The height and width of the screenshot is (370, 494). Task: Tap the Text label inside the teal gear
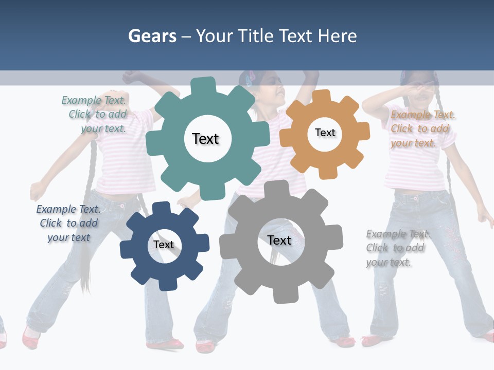pos(205,139)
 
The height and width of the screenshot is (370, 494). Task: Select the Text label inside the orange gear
pos(325,133)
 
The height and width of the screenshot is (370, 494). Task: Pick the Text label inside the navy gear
pos(164,245)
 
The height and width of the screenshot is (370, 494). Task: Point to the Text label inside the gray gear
pos(279,240)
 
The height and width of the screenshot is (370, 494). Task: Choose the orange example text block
pos(422,128)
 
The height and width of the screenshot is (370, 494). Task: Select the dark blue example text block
pos(68,223)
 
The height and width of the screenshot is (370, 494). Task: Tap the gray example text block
pos(396,248)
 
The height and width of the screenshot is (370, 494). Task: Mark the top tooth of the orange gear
pos(322,96)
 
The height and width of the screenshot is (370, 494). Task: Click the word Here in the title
pos(338,36)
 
